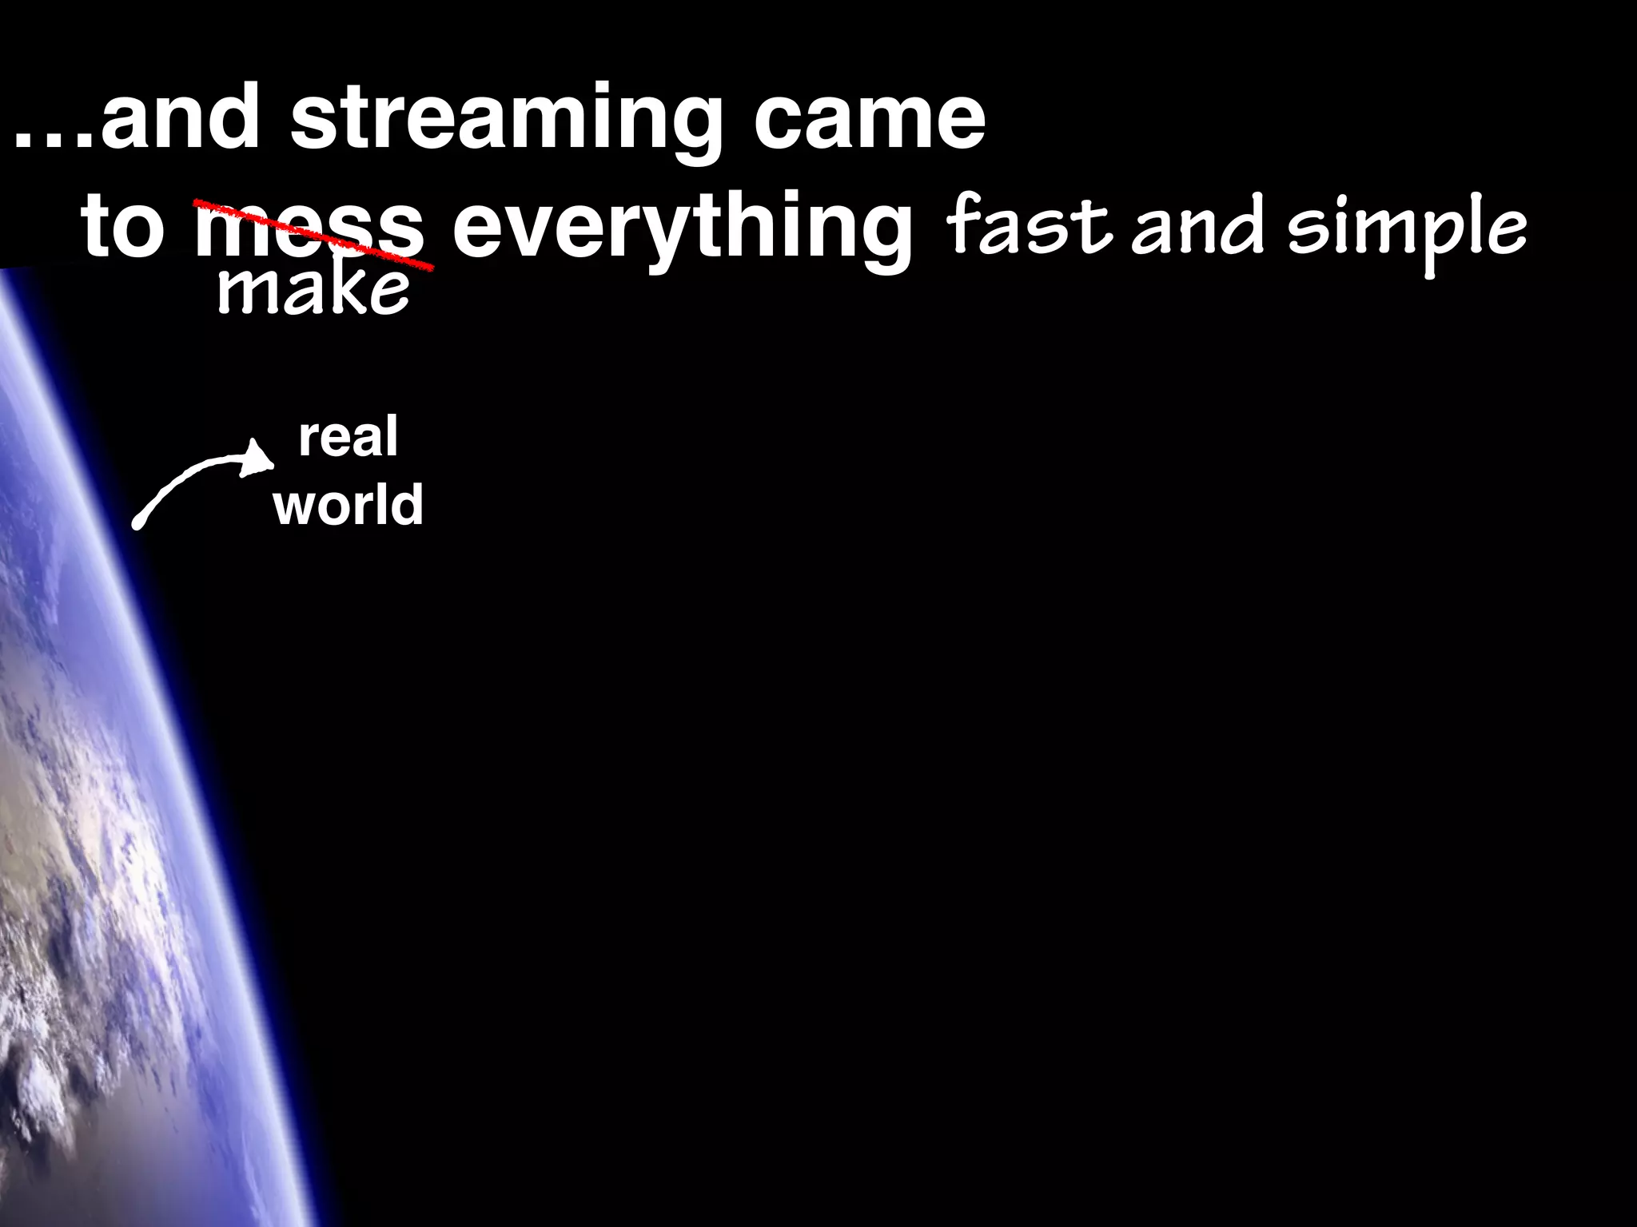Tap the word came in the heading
click(869, 120)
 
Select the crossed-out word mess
click(310, 228)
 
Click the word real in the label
click(348, 438)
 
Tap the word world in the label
click(348, 505)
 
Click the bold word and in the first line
click(181, 120)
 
